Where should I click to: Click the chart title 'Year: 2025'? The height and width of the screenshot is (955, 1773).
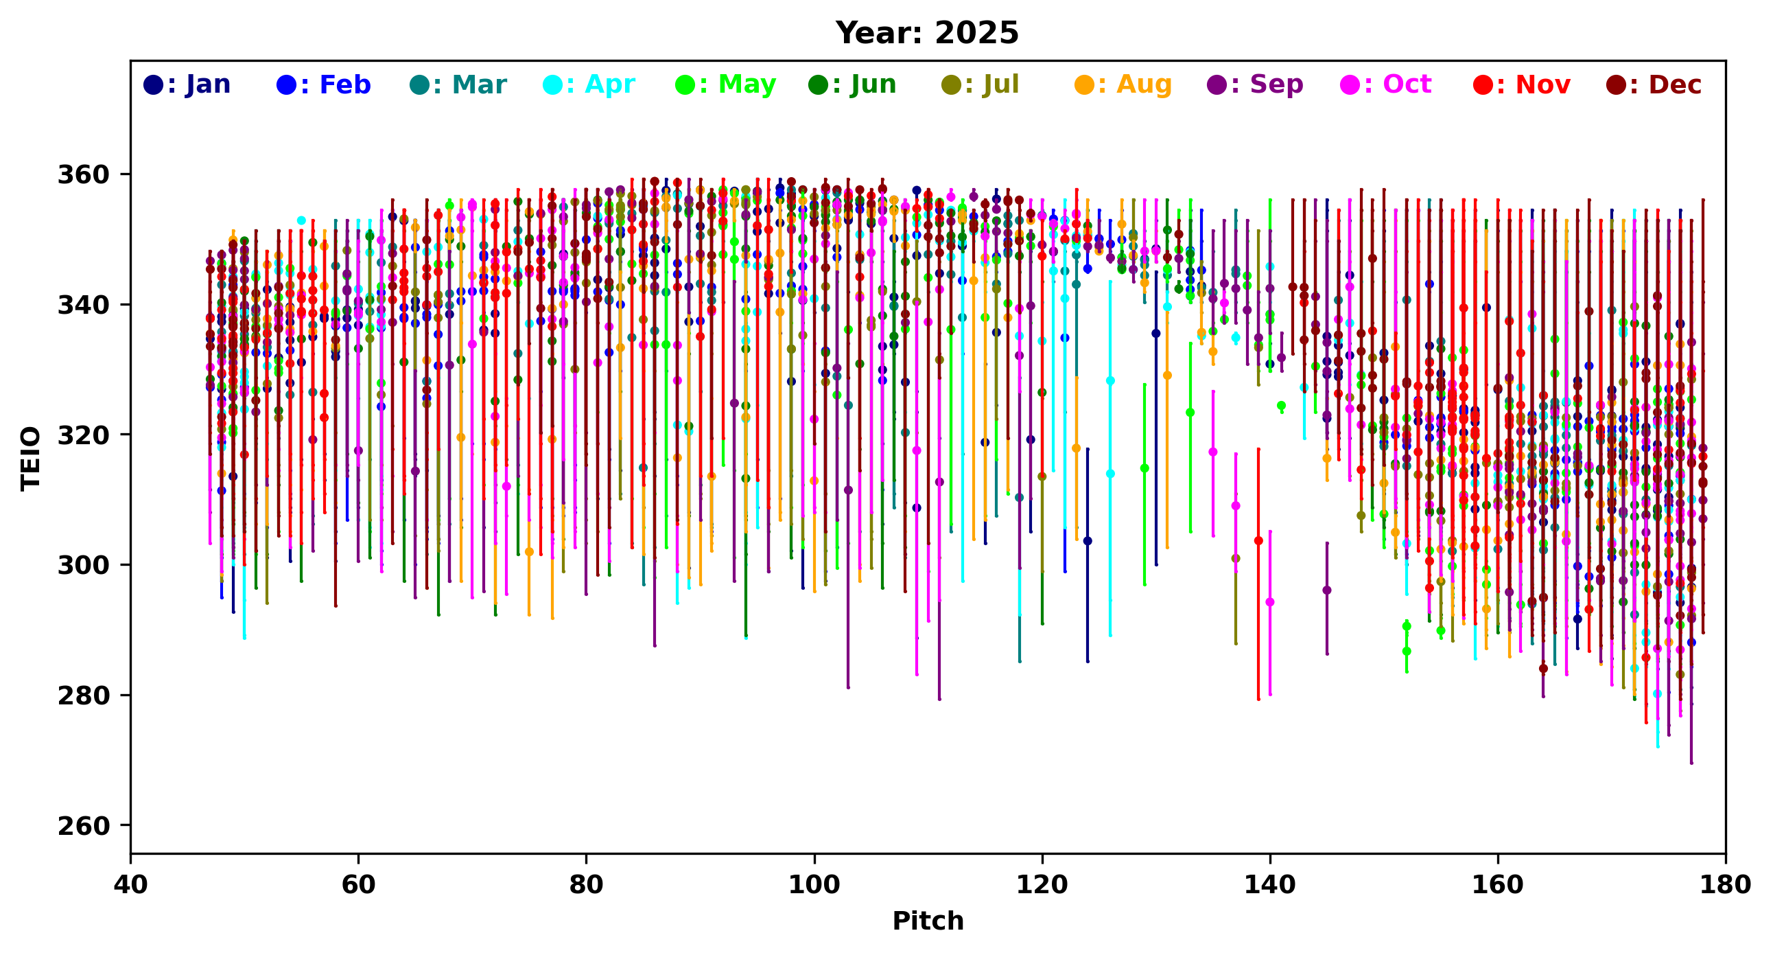click(926, 33)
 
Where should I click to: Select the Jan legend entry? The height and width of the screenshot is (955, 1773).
click(187, 84)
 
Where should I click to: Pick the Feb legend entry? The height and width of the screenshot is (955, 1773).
click(323, 84)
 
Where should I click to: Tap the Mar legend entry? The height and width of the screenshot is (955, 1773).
click(458, 84)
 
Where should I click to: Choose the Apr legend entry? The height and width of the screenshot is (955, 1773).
click(589, 84)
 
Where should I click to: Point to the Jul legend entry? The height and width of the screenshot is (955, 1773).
click(980, 84)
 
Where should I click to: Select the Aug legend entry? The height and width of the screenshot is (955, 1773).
click(1123, 84)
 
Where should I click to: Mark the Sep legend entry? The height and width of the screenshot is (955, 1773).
click(1255, 84)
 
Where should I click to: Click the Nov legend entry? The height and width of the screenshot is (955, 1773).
click(1522, 84)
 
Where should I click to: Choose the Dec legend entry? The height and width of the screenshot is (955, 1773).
click(1653, 84)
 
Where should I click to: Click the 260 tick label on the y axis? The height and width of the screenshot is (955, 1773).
click(83, 825)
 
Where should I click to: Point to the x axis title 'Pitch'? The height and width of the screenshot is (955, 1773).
click(928, 921)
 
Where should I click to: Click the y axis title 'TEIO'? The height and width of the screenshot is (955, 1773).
click(31, 458)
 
